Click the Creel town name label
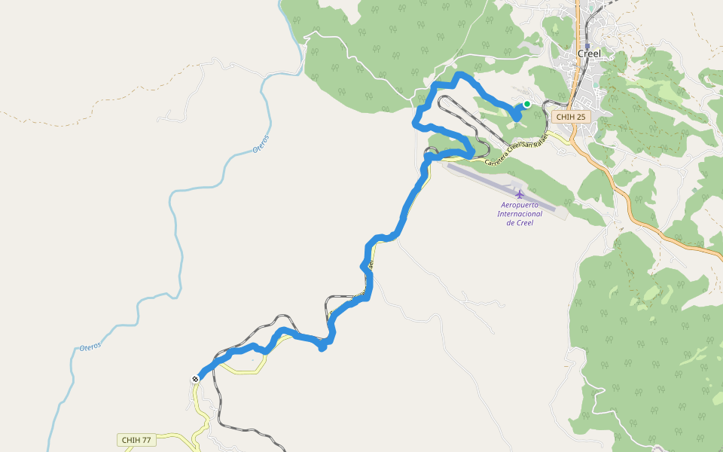(x=589, y=53)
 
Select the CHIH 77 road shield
(x=136, y=440)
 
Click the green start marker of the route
(x=527, y=104)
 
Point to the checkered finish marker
(x=196, y=378)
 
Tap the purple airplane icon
(x=520, y=194)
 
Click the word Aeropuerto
(x=520, y=205)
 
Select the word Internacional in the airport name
(x=520, y=214)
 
